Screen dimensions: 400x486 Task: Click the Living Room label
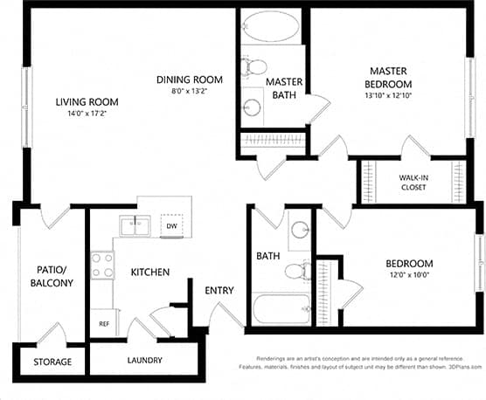tap(87, 102)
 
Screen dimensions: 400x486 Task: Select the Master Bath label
tap(284, 89)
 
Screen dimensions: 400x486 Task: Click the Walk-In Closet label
tap(413, 182)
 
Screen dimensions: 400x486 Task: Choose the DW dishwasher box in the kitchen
tap(172, 224)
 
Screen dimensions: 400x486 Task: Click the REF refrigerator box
tap(103, 323)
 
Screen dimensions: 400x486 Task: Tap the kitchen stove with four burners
tap(103, 264)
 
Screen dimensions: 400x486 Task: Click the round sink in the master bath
tap(253, 107)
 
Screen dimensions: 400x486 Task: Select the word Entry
tap(218, 291)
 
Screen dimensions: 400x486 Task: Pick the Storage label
tap(52, 361)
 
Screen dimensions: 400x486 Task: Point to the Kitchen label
tap(149, 272)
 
